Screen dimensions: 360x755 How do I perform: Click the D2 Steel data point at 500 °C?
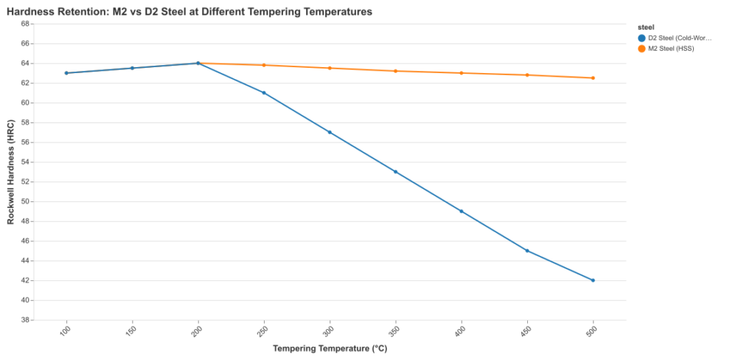tap(593, 280)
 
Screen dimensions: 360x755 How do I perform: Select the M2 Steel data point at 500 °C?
tap(593, 78)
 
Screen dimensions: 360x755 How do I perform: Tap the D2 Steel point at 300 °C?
tap(330, 132)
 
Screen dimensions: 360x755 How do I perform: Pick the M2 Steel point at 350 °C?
tap(395, 71)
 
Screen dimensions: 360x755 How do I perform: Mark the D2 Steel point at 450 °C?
tap(527, 251)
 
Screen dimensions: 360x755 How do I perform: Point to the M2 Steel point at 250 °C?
tap(264, 65)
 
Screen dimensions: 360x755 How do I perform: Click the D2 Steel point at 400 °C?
tap(462, 211)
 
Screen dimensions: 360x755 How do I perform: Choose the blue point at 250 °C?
tap(264, 93)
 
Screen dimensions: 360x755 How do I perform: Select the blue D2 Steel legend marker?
tap(641, 38)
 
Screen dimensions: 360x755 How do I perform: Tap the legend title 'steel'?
tap(646, 27)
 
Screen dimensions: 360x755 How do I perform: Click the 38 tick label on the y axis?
tap(25, 320)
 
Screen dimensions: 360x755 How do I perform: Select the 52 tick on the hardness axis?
tap(25, 181)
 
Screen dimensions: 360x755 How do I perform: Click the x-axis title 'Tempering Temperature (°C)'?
tap(330, 349)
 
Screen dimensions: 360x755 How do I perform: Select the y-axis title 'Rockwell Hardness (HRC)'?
tap(10, 172)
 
